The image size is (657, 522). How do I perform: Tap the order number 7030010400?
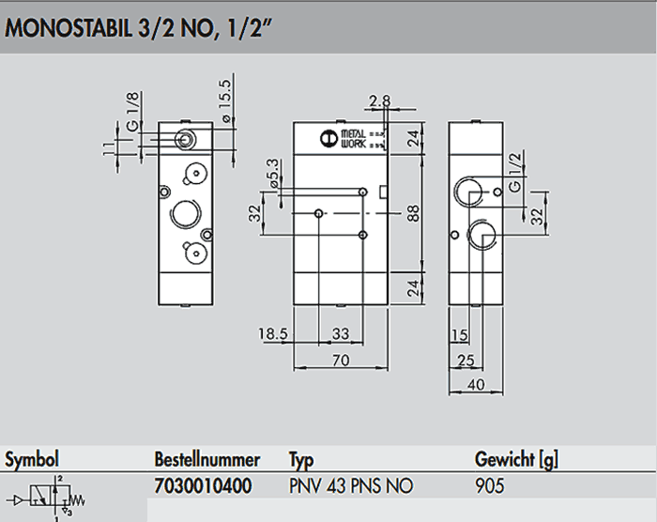[202, 486]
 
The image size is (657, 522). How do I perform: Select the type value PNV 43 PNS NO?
[351, 486]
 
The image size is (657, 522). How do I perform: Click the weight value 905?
[490, 486]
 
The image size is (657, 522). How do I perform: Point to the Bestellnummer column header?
[206, 460]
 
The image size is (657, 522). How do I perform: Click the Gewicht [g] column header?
[517, 460]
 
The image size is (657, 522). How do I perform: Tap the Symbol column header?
[33, 460]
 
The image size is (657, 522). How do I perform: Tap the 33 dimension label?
[341, 333]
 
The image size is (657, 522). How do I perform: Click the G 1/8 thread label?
[132, 113]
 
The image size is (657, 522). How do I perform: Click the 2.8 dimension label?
[379, 101]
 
